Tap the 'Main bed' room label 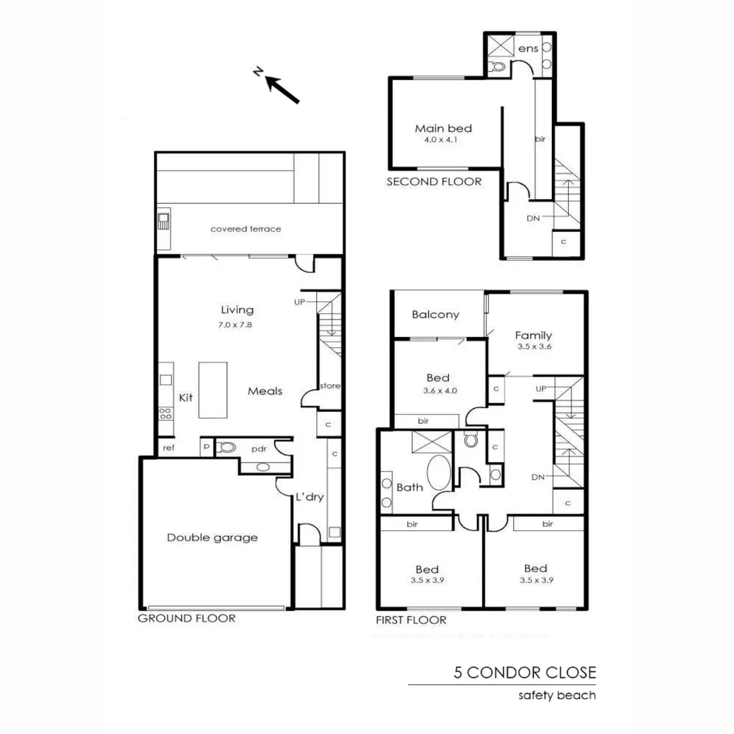tap(443, 128)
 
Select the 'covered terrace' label tap(245, 229)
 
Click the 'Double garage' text tap(213, 538)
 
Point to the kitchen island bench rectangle tap(213, 390)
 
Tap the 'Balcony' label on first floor tap(436, 315)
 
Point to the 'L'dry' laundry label tap(309, 497)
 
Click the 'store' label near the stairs tap(330, 386)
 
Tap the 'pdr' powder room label tap(258, 449)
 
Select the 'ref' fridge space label tap(168, 448)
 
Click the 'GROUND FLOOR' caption tap(187, 618)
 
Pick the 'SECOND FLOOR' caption tap(434, 181)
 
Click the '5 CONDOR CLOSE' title tap(525, 673)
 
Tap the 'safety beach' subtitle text tap(557, 695)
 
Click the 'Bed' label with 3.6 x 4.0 tap(438, 378)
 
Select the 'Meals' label tap(264, 391)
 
